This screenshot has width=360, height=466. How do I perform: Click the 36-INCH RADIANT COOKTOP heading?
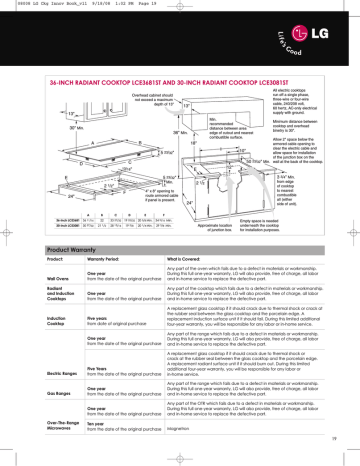point(160,62)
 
